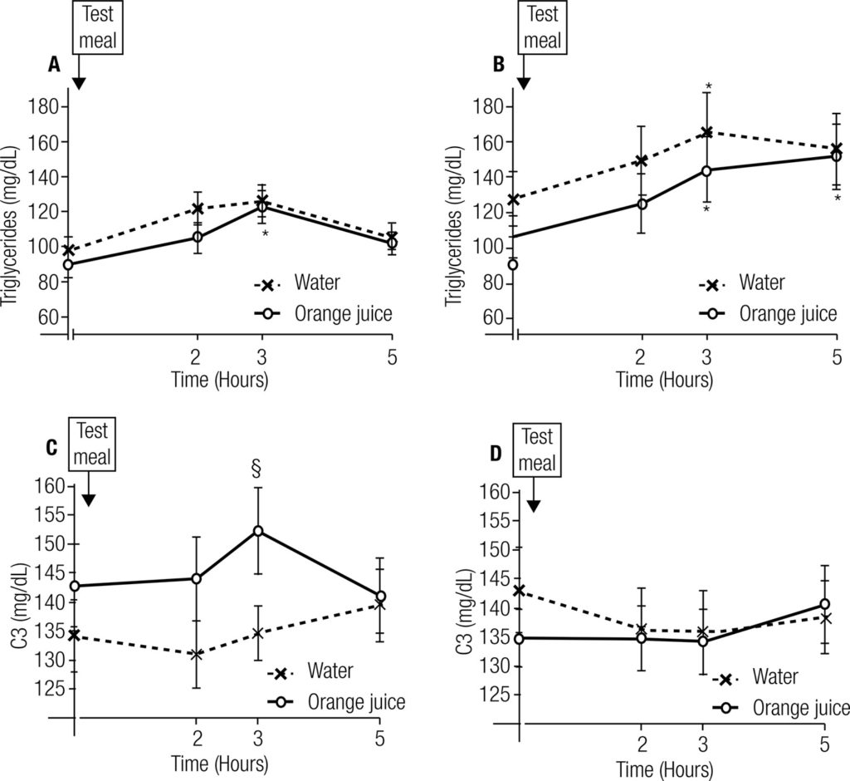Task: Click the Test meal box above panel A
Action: (99, 27)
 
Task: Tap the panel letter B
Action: (499, 64)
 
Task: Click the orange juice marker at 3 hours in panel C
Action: (258, 531)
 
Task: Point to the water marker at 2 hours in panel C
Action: (197, 655)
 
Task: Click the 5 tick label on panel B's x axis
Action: (835, 358)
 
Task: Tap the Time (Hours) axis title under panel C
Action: (219, 763)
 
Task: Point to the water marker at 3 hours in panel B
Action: (707, 133)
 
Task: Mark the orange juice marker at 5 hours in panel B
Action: (837, 156)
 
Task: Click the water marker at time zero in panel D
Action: (519, 591)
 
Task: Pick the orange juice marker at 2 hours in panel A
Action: (198, 237)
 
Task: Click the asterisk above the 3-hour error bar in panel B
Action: (708, 86)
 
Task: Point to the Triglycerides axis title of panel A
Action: (11, 208)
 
